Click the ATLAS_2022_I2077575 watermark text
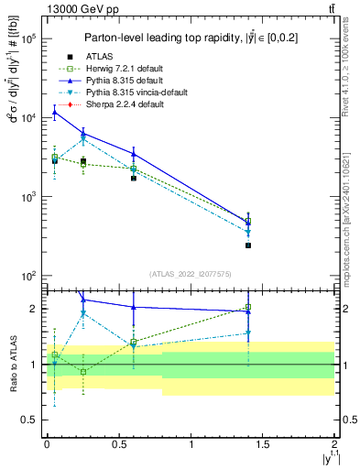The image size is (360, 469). [190, 274]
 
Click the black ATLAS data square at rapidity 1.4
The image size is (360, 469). [248, 245]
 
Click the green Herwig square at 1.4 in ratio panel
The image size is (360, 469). [248, 308]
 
